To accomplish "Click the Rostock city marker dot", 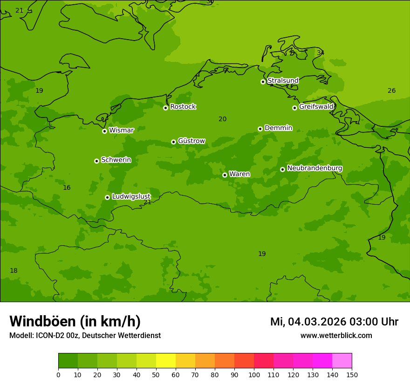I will [x=165, y=108].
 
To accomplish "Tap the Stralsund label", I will [x=283, y=81].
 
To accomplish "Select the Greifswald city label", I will [x=316, y=107].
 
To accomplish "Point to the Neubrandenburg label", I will [x=314, y=168].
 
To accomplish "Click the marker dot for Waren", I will [x=225, y=175].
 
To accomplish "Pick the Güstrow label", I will [x=191, y=141].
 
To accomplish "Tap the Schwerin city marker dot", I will [x=96, y=161].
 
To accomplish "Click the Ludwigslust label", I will [x=131, y=196].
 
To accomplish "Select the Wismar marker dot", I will [x=104, y=131].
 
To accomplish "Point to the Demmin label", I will [x=278, y=128].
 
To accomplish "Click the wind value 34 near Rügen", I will [x=321, y=53].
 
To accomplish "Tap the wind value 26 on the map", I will [x=391, y=91].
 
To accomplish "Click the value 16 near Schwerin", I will [x=67, y=188].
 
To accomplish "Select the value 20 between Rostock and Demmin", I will [x=222, y=119].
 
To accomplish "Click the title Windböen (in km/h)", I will [x=75, y=321].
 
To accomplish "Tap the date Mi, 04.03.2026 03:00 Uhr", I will [x=334, y=322].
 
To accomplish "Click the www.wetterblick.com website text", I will [x=336, y=336].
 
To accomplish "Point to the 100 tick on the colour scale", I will [x=254, y=374].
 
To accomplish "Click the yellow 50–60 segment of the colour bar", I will [x=166, y=361].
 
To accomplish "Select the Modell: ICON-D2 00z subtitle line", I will [x=85, y=336].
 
